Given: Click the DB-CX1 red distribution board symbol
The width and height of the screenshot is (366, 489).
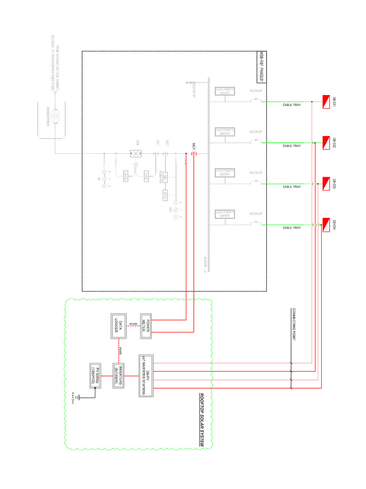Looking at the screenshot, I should (326, 102).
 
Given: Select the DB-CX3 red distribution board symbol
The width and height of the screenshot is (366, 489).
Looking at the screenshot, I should (326, 184).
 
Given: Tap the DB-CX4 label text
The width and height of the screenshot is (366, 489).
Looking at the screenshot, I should (335, 224).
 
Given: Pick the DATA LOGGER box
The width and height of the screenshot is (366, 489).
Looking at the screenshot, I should (119, 326).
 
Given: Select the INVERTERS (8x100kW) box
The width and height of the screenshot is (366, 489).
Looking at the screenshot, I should (119, 376).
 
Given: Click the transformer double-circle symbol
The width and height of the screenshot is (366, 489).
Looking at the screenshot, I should (55, 116).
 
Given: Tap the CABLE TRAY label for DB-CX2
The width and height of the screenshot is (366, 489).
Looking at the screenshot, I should (292, 146).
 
